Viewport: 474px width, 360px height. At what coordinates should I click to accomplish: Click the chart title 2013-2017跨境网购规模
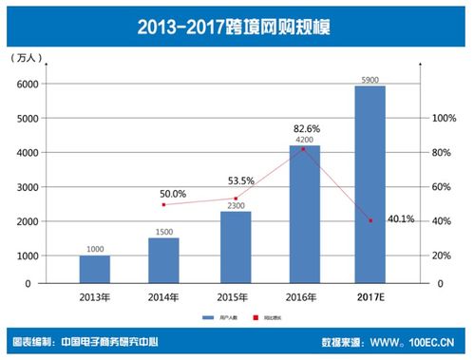pos(237,24)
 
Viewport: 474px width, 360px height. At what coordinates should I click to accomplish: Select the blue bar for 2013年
pos(95,269)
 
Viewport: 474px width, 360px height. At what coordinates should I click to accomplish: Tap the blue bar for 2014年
pos(163,260)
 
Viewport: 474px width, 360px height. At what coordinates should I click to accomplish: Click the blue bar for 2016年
pos(304,214)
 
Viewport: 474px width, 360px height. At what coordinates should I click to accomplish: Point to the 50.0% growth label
pos(174,193)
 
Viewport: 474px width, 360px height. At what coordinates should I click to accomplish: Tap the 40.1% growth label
pos(401,218)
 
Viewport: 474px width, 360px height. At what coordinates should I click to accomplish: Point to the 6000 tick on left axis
pos(25,85)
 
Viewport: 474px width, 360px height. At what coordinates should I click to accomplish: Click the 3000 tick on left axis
pos(25,187)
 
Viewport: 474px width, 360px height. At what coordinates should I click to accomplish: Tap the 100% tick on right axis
pos(445,119)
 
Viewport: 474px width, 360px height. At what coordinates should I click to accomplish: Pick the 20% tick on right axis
pos(443,256)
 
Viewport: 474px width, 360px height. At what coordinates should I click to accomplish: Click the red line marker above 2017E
pos(370,220)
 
